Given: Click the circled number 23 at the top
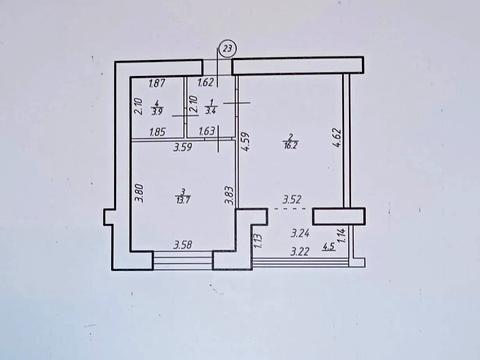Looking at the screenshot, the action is pyautogui.click(x=229, y=48).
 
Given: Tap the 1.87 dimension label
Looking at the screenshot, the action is pyautogui.click(x=157, y=85).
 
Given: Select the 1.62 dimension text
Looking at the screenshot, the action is pyautogui.click(x=206, y=85).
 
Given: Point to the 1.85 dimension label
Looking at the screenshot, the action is pyautogui.click(x=157, y=132).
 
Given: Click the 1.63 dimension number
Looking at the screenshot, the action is pyautogui.click(x=207, y=132).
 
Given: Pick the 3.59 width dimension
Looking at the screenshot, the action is pyautogui.click(x=181, y=149).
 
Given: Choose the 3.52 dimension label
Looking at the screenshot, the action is pyautogui.click(x=292, y=200).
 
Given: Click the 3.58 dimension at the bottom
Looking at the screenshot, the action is pyautogui.click(x=182, y=245).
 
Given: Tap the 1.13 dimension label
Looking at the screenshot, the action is pyautogui.click(x=257, y=239).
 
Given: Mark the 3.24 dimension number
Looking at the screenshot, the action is pyautogui.click(x=299, y=233).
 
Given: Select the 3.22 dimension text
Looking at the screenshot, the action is pyautogui.click(x=299, y=251).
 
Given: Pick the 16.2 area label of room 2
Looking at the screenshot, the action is pyautogui.click(x=291, y=143).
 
